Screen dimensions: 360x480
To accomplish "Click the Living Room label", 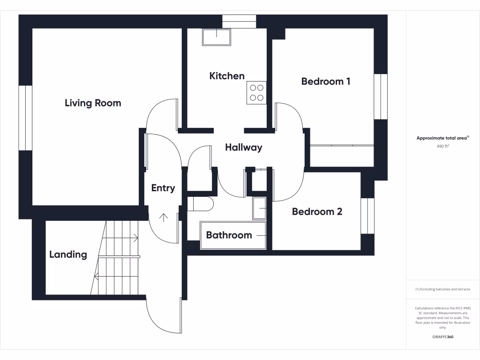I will (93, 103).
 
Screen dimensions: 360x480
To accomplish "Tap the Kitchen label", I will (227, 76).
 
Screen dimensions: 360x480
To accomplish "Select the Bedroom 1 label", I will (326, 81).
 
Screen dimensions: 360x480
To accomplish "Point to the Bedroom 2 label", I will (317, 211).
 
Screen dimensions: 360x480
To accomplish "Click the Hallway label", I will (243, 147).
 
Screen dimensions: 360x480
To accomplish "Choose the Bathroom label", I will (229, 235).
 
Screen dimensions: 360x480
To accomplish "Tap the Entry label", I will (163, 188).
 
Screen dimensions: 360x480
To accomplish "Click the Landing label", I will (68, 255).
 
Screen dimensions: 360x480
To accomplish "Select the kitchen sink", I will (217, 37).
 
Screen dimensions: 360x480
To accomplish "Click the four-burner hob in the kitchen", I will (256, 92).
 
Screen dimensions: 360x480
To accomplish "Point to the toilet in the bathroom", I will (201, 204).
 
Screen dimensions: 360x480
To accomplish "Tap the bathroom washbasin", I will (259, 208).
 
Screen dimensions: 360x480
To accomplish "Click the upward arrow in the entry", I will (164, 217).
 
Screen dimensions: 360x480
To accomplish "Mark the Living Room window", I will (25, 118).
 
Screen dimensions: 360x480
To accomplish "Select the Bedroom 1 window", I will (381, 97).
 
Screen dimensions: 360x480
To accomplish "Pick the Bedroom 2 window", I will (367, 216).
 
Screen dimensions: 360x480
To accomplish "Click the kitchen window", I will (239, 22).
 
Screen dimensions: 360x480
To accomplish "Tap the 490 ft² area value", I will (442, 146).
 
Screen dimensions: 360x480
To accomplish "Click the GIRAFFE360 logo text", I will (442, 337).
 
